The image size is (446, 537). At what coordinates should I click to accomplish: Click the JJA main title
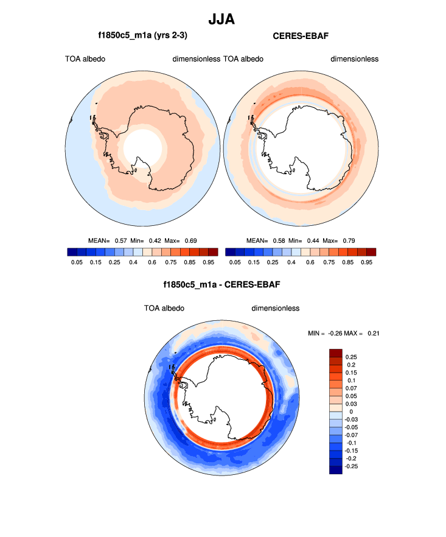tap(221, 19)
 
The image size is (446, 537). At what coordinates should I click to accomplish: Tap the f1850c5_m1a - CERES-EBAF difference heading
tap(221, 284)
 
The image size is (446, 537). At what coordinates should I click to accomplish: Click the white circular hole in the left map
tap(143, 147)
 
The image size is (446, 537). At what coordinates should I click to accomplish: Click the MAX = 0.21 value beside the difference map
tap(365, 333)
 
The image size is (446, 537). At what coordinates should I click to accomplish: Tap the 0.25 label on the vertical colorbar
tap(352, 357)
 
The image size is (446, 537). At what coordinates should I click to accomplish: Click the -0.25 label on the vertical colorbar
tap(352, 466)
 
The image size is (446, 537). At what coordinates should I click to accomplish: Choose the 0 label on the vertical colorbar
tap(351, 412)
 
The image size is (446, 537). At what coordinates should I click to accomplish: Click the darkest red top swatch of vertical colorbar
tap(336, 353)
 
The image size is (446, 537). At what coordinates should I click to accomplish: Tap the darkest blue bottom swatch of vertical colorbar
tap(336, 469)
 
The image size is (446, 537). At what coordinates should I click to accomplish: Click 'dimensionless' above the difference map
tap(276, 308)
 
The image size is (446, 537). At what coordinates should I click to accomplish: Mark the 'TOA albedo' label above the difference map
tap(164, 308)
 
